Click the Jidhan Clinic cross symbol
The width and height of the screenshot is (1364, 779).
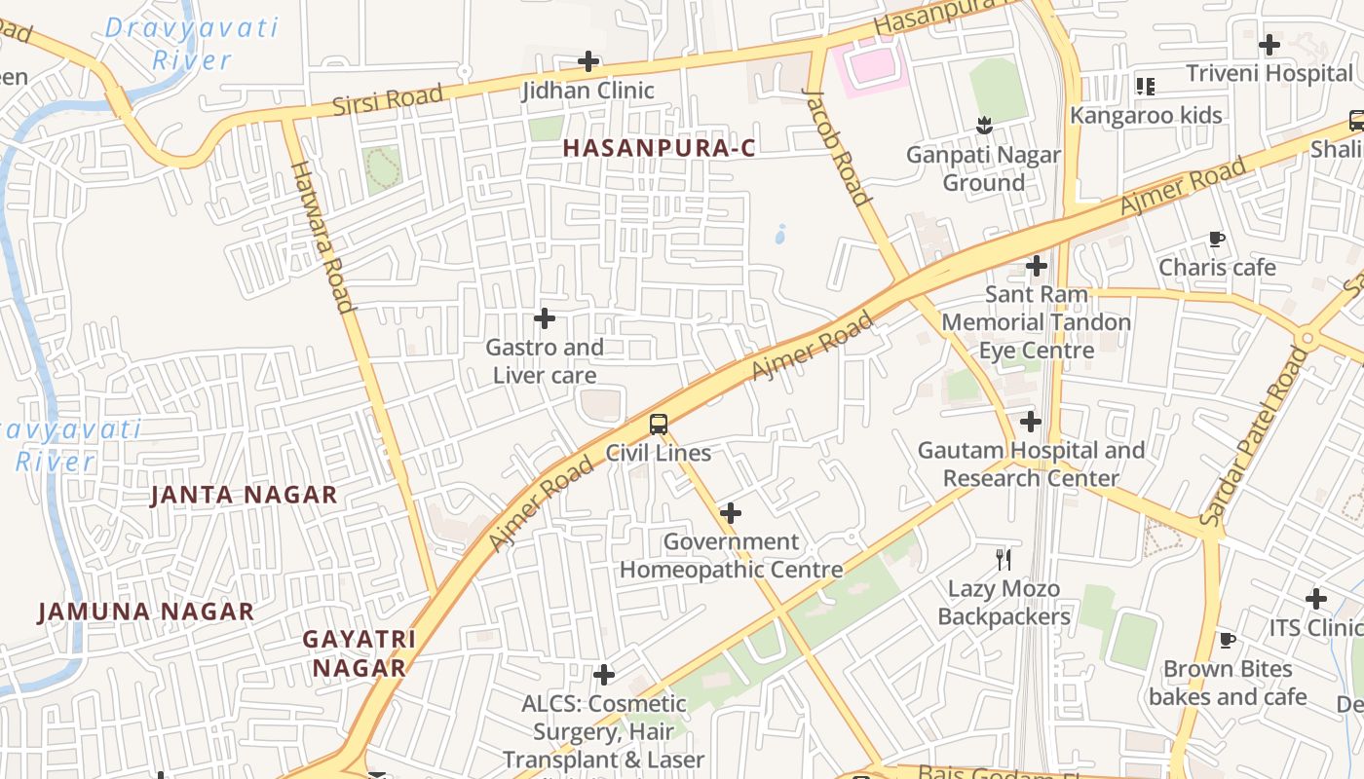click(588, 61)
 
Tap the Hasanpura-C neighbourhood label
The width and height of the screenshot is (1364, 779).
click(660, 148)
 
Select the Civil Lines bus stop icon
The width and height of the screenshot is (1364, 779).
click(659, 424)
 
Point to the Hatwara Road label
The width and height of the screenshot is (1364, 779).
click(322, 236)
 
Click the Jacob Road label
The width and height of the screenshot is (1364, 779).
click(836, 146)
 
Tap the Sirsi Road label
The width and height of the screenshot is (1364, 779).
click(388, 99)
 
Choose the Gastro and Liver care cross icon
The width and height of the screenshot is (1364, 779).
click(545, 318)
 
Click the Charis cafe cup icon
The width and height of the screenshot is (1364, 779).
click(1216, 239)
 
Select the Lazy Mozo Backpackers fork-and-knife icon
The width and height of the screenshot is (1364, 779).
click(1004, 559)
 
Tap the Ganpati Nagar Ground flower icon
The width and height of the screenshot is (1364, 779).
click(984, 125)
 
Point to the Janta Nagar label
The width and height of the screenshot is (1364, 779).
click(244, 495)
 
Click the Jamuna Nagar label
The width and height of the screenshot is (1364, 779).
click(145, 612)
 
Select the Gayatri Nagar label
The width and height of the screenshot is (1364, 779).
click(359, 653)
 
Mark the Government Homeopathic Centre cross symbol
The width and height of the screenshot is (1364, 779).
click(731, 513)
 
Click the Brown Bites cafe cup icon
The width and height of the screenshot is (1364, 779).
click(1228, 640)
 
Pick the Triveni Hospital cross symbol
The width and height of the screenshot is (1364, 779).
click(1269, 44)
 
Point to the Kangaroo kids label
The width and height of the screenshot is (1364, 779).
click(1146, 115)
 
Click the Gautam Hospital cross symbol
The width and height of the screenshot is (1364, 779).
click(1031, 422)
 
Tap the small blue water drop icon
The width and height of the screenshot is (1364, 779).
click(780, 234)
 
